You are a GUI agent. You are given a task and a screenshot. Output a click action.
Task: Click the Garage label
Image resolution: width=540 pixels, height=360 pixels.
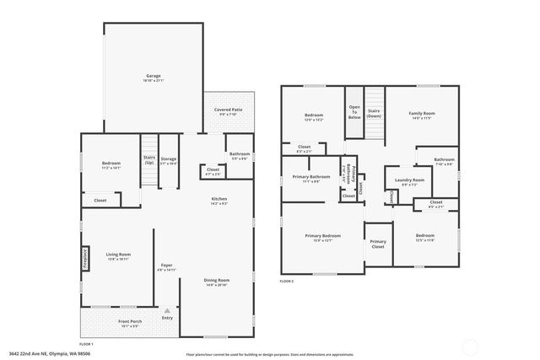click(153, 76)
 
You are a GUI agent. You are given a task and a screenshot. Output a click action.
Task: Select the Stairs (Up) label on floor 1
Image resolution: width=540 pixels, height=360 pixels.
click(149, 159)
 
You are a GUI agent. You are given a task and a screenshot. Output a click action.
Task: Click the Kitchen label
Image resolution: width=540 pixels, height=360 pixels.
click(219, 200)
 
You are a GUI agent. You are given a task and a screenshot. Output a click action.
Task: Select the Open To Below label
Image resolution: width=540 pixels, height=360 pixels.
click(354, 113)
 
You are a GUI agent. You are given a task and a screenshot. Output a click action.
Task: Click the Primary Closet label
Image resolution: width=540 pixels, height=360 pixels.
click(378, 244)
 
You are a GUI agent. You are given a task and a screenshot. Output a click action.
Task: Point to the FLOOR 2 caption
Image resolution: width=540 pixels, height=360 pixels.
click(287, 281)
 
